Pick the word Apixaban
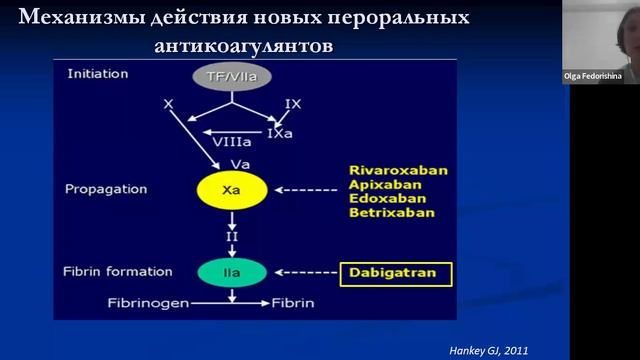(382, 184)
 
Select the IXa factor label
(281, 132)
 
